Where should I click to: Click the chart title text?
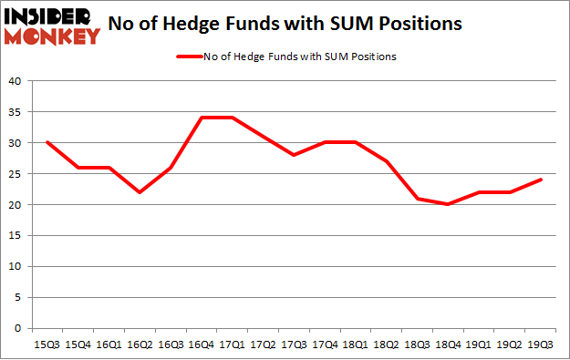pyautogui.click(x=285, y=25)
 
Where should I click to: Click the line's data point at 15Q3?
pyautogui.click(x=46, y=143)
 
